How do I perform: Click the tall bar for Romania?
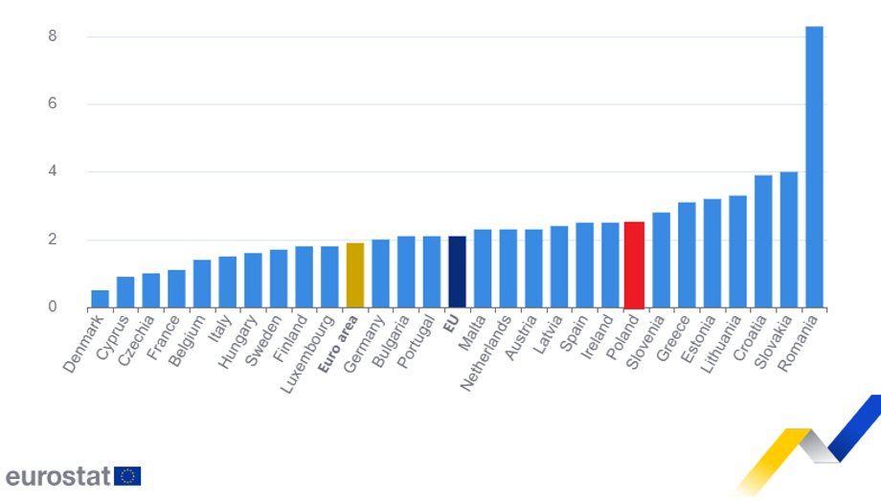(x=814, y=168)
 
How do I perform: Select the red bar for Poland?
(x=634, y=265)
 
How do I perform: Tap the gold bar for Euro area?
(x=354, y=276)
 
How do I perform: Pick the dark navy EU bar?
(x=457, y=272)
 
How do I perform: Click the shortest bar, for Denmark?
(x=100, y=299)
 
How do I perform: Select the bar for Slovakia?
(x=788, y=239)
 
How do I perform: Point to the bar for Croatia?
(x=763, y=241)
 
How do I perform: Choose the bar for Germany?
(x=380, y=274)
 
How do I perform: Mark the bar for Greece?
(x=687, y=255)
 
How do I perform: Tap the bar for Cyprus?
(x=125, y=292)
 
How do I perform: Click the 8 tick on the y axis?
(x=54, y=36)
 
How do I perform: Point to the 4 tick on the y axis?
(x=54, y=171)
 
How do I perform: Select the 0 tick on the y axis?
(x=54, y=307)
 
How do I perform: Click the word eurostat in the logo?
(x=57, y=475)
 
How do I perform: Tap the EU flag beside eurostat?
(x=127, y=476)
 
